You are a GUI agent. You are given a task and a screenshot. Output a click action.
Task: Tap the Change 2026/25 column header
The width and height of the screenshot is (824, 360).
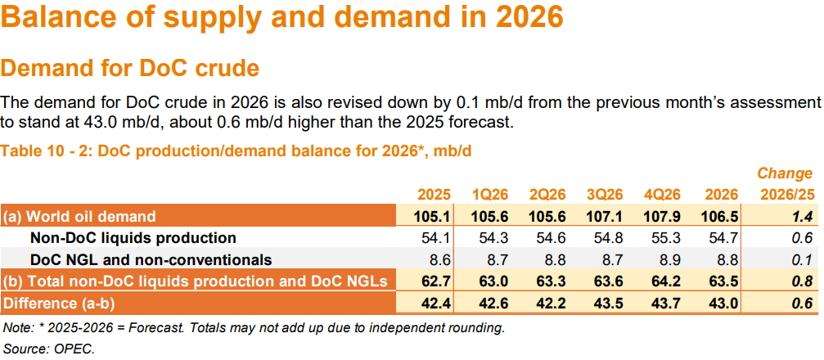[x=785, y=184]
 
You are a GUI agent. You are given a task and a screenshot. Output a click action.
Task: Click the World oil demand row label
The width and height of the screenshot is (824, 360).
[x=79, y=217]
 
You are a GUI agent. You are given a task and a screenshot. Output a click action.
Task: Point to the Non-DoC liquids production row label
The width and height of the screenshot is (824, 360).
[x=133, y=238]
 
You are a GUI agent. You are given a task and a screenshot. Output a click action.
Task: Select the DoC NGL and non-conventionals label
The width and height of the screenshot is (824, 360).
[x=151, y=260]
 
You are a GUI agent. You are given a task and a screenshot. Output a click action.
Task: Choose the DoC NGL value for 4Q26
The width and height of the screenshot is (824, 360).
[x=666, y=260]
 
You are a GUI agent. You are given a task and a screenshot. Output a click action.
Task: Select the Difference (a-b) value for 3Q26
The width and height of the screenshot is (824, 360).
[x=609, y=303]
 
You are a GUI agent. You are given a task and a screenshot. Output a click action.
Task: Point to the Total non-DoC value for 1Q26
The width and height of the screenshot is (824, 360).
[x=494, y=281]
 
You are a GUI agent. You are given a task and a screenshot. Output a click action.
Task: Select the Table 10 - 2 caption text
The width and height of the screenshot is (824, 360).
[x=236, y=151]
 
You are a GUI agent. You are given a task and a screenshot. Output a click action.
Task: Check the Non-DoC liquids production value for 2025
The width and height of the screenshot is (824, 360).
[x=438, y=238]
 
